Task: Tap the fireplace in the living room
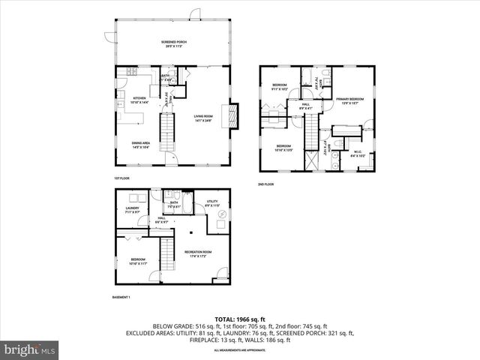(233, 115)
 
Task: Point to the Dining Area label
(142, 146)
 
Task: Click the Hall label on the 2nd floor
(305, 106)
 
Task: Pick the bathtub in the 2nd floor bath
(309, 77)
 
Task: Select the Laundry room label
(132, 210)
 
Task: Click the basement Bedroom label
(137, 261)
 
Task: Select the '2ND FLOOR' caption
(266, 184)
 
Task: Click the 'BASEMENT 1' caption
(121, 298)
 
